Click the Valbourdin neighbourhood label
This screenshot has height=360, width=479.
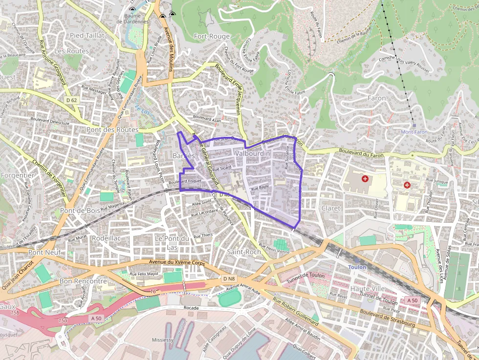pyautogui.click(x=252, y=153)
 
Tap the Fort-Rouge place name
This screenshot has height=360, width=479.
pyautogui.click(x=212, y=36)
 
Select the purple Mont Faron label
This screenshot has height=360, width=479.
pyautogui.click(x=414, y=132)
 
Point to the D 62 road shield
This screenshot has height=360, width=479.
pyautogui.click(x=71, y=100)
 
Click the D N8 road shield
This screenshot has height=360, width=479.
pyautogui.click(x=229, y=278)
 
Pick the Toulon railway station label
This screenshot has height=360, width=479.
pyautogui.click(x=357, y=267)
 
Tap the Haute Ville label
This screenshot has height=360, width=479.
pyautogui.click(x=368, y=289)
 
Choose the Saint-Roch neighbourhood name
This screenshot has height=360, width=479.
pyautogui.click(x=244, y=252)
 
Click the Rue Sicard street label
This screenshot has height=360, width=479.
pyautogui.click(x=222, y=168)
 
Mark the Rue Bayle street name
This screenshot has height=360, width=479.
pyautogui.click(x=260, y=187)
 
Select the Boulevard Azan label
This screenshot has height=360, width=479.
pyautogui.click(x=207, y=118)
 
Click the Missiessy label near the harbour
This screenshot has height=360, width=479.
pyautogui.click(x=162, y=339)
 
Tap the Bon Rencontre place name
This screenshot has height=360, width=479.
pyautogui.click(x=83, y=281)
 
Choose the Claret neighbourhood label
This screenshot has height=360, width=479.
pyautogui.click(x=331, y=208)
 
